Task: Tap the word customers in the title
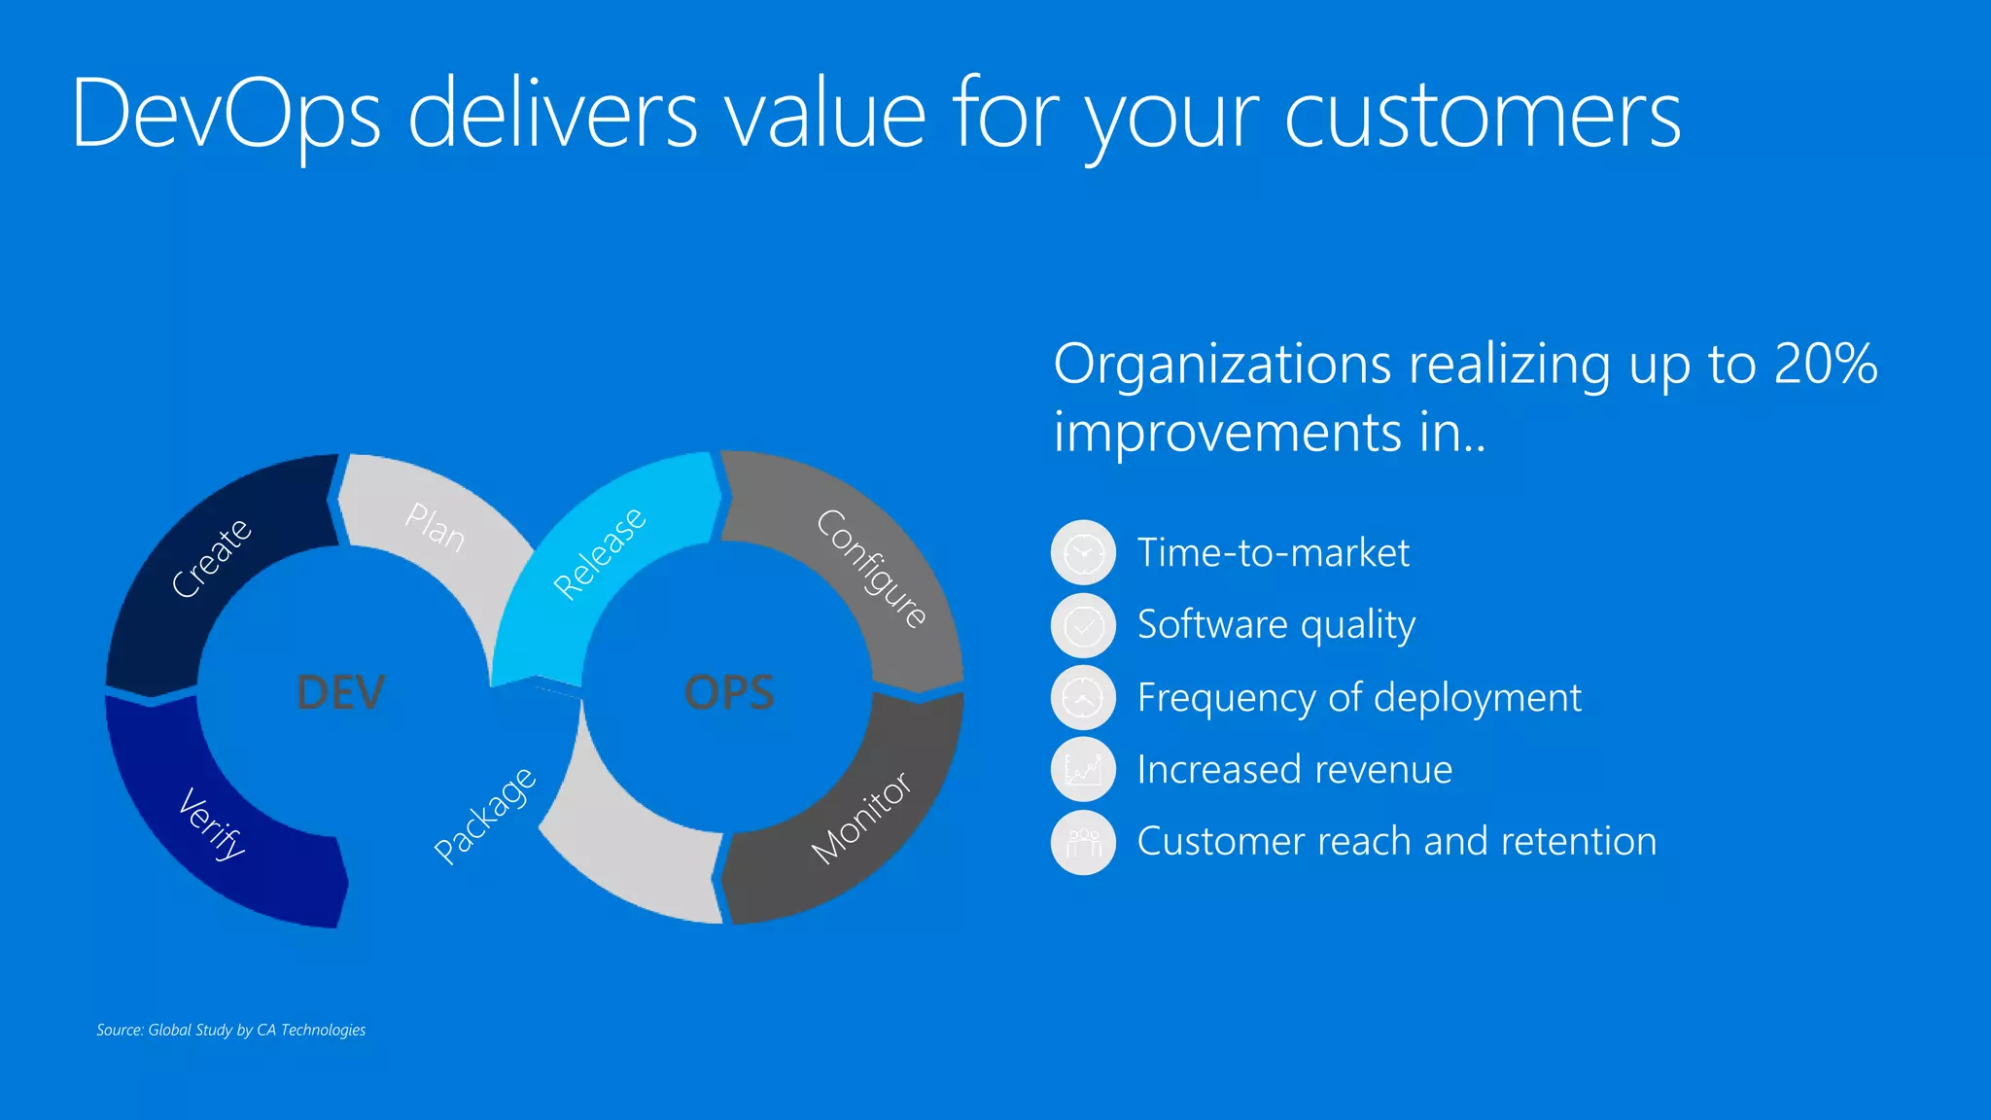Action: coord(1483,115)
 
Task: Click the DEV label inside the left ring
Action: coord(340,692)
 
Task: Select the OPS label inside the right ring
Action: coord(729,692)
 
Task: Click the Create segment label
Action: coord(211,558)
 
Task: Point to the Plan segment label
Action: coord(436,527)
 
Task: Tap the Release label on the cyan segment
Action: coord(599,552)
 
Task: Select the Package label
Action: coord(484,815)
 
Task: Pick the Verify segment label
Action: coord(212,824)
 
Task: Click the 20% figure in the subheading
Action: coord(1825,364)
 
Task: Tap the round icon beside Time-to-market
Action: coord(1083,552)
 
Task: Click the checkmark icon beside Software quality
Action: coord(1083,625)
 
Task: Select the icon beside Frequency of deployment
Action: coord(1083,697)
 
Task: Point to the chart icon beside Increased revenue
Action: coord(1083,769)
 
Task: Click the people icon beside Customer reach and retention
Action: coord(1083,842)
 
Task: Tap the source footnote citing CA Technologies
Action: coord(231,1030)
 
